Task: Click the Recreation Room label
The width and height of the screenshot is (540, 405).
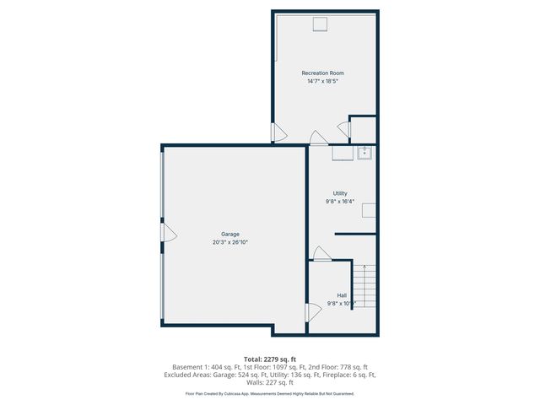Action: [323, 73]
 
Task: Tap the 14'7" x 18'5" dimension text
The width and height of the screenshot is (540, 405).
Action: [323, 81]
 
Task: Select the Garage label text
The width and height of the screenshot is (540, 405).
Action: [230, 234]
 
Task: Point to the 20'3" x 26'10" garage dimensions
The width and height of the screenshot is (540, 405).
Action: [230, 242]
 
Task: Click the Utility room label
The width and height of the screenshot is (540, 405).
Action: [340, 193]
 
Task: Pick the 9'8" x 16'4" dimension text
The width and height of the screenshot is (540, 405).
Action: [340, 202]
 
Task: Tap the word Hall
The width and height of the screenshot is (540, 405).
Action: [342, 295]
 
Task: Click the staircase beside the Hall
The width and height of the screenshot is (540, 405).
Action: [365, 286]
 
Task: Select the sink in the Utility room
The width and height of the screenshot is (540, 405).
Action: [364, 153]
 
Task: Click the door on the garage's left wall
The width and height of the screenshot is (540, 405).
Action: [168, 231]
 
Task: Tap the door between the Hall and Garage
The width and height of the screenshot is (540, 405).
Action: [313, 312]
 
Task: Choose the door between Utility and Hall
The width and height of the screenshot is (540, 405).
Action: [321, 253]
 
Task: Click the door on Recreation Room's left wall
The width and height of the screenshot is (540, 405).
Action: [278, 132]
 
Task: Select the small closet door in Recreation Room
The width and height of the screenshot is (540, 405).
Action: [344, 129]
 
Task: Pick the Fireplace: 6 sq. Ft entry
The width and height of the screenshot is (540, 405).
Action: [349, 375]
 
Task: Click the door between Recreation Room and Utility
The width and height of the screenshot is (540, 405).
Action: [317, 138]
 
